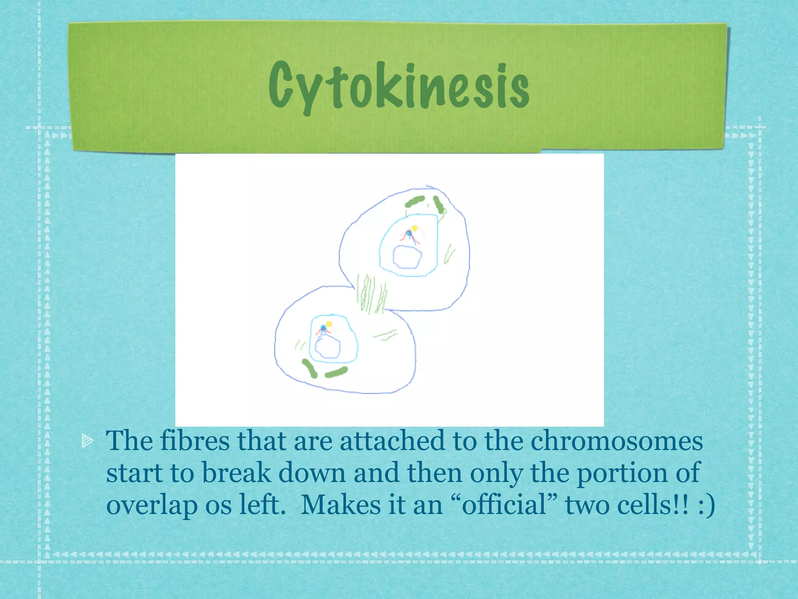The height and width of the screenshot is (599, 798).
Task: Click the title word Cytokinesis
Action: coord(399,86)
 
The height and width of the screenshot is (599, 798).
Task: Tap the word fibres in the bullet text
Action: coord(195,441)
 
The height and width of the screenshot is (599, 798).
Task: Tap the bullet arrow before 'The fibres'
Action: coord(88,441)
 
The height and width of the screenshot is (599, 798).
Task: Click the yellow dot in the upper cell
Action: coord(415,229)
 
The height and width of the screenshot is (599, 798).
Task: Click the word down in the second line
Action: coord(312,473)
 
